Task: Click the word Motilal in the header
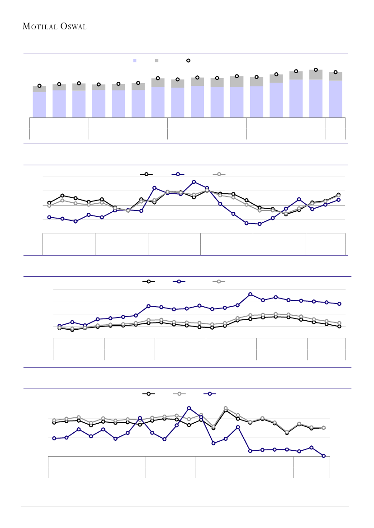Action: pyautogui.click(x=38, y=27)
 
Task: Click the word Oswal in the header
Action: pyautogui.click(x=72, y=27)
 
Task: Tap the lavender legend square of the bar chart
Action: pyautogui.click(x=134, y=61)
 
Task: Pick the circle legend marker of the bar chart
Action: pyautogui.click(x=188, y=61)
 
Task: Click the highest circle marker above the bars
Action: pyautogui.click(x=316, y=70)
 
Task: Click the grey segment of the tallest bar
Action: pyautogui.click(x=316, y=75)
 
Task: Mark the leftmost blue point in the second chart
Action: pyautogui.click(x=49, y=217)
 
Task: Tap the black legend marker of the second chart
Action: pyautogui.click(x=146, y=174)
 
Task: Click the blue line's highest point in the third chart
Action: pyautogui.click(x=250, y=294)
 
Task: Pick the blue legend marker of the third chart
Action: pyautogui.click(x=179, y=281)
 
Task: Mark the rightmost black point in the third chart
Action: pyautogui.click(x=339, y=326)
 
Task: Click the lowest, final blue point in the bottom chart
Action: pyautogui.click(x=324, y=456)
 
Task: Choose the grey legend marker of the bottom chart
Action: pyautogui.click(x=180, y=394)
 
